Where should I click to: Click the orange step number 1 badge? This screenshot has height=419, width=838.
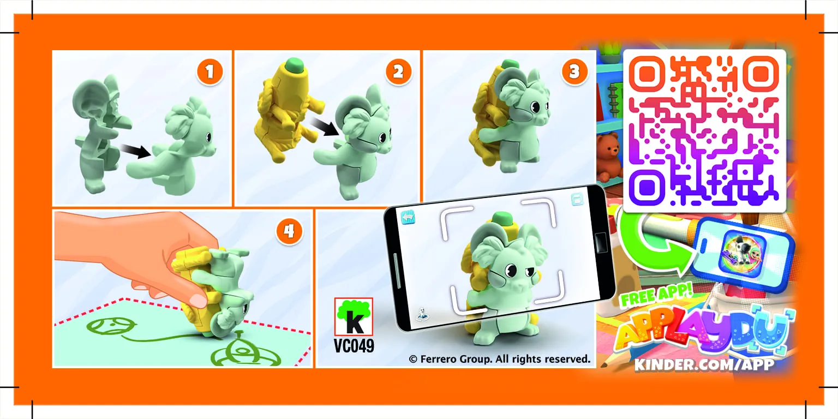coord(210,71)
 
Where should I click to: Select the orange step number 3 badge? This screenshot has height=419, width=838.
coord(574,71)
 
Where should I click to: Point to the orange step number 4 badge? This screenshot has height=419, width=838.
coord(289,231)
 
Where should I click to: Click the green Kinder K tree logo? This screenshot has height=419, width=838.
coord(354,316)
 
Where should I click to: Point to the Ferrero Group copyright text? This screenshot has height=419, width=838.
coord(499,359)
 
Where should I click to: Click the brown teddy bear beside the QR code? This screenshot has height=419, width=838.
coord(608,155)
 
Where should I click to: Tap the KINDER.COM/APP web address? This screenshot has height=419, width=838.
coord(704,364)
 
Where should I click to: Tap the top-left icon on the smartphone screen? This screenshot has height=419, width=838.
coord(409,217)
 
